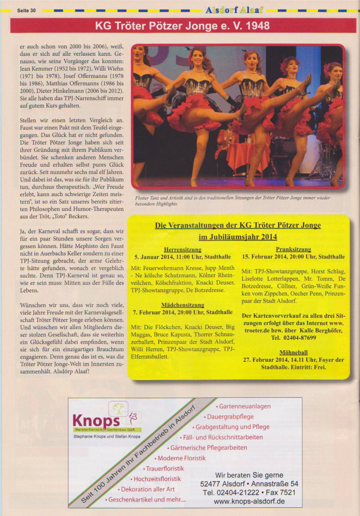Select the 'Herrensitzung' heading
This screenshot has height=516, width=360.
[x=182, y=249]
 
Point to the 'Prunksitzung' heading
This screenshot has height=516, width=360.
[x=293, y=249]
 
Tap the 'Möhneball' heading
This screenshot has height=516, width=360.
[x=293, y=352]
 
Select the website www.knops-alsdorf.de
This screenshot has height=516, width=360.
[x=249, y=501]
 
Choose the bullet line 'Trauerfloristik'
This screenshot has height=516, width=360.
[x=164, y=468]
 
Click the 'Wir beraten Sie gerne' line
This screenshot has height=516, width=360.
[x=249, y=475]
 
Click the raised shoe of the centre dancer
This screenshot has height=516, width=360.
[x=243, y=111]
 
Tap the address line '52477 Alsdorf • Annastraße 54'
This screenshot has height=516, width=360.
[x=249, y=484]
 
